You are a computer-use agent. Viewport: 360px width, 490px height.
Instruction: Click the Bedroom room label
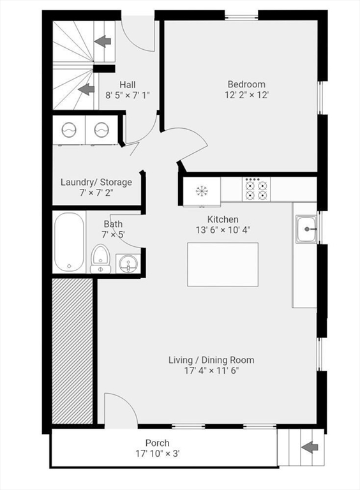246,84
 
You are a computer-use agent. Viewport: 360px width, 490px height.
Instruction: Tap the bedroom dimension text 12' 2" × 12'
246,95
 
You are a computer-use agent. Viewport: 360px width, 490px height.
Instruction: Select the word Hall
128,85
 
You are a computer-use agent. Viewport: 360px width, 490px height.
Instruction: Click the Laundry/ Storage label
96,182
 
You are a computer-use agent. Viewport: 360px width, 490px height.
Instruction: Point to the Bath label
113,224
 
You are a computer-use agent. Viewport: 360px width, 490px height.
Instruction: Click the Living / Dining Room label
203,360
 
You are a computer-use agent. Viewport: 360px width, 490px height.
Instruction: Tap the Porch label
157,443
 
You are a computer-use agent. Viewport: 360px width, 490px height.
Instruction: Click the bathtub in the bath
69,242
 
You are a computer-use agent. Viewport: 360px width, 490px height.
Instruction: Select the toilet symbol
100,259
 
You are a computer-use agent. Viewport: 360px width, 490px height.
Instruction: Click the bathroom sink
128,263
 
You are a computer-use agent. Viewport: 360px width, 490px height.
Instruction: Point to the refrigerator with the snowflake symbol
202,190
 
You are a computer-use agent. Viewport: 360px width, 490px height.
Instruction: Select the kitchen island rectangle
222,264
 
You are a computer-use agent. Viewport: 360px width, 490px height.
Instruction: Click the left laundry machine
69,130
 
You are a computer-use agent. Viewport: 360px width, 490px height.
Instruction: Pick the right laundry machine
101,130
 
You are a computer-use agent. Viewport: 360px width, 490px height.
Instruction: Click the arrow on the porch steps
310,447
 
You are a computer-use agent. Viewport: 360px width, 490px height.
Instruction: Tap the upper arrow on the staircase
102,41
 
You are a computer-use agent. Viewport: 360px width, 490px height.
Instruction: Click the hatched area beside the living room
72,351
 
